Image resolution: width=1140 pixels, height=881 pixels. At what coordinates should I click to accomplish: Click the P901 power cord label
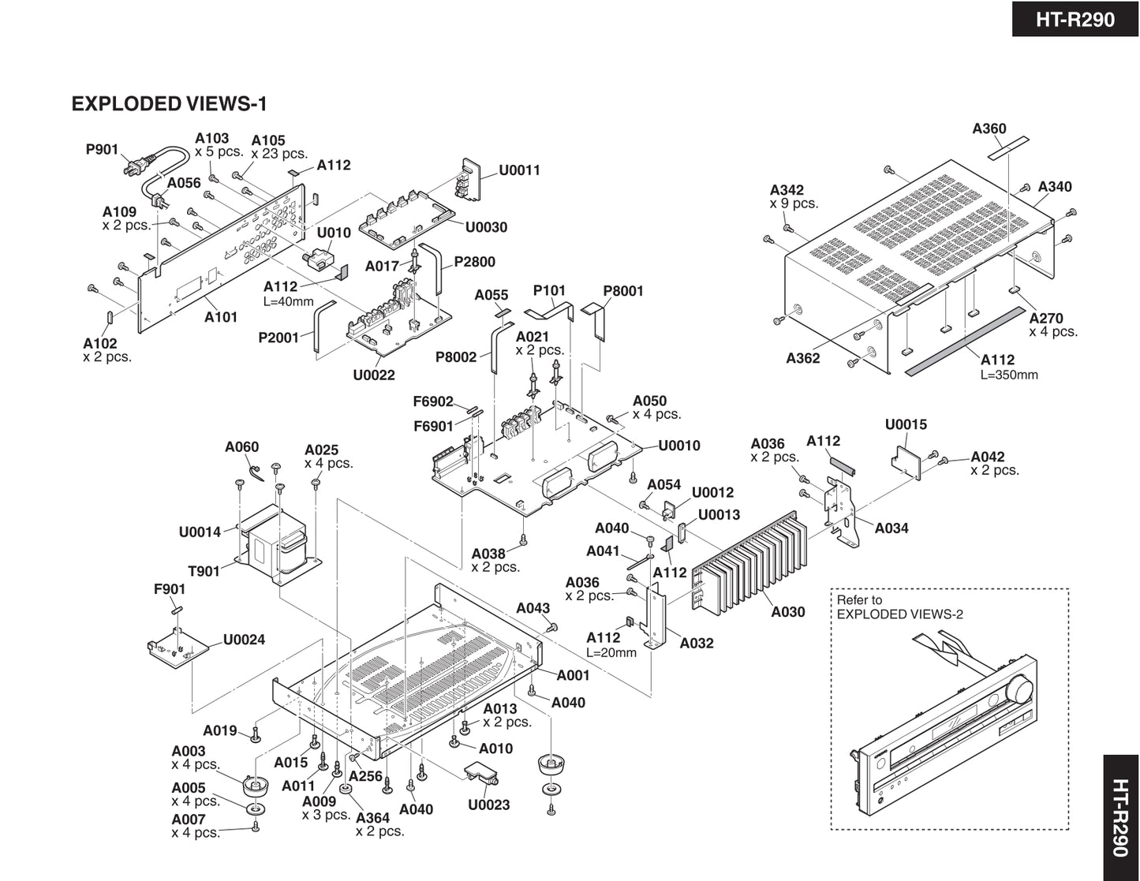tap(102, 150)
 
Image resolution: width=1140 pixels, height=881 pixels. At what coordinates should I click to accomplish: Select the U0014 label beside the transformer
tap(200, 532)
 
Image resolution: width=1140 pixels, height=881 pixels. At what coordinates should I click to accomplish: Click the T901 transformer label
tap(204, 571)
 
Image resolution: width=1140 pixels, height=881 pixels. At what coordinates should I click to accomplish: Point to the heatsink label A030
tap(787, 612)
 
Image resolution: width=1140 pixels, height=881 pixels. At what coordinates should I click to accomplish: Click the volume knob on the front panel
tap(1022, 690)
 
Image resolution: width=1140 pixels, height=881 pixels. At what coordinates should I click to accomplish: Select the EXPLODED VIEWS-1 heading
tap(170, 104)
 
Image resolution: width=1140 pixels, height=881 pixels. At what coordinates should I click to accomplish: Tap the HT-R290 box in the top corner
tap(1075, 19)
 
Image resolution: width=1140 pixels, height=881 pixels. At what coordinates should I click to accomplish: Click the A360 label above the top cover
tap(989, 129)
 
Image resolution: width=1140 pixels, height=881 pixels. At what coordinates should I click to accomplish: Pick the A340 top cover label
tap(1055, 187)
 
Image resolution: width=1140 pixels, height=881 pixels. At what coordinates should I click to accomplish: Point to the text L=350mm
tap(1009, 375)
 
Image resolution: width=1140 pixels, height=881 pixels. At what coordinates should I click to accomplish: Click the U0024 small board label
tap(244, 640)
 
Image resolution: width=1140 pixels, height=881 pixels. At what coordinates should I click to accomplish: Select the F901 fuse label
tap(170, 589)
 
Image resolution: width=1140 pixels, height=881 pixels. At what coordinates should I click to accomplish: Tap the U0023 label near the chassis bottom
tap(488, 805)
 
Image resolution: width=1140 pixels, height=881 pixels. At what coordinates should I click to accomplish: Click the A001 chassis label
tap(573, 675)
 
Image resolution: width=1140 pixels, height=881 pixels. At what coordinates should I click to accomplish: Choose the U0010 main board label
tap(679, 446)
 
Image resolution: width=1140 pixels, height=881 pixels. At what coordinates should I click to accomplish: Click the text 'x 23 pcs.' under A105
tap(279, 155)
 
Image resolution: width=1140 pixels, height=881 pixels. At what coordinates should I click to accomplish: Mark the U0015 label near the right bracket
tap(906, 425)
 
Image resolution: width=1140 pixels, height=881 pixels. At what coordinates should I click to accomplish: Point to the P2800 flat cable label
tap(474, 263)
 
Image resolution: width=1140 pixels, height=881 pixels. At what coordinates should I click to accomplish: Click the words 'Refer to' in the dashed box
tap(859, 600)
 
